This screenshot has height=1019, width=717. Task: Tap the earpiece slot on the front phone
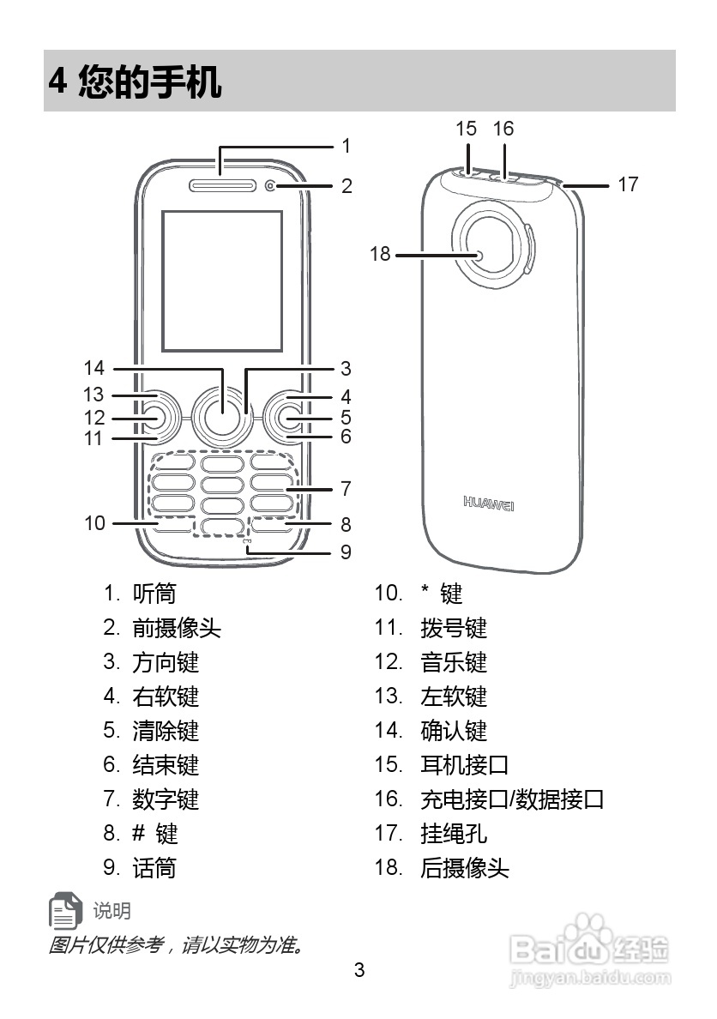point(220,185)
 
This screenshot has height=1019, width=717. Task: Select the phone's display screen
point(222,280)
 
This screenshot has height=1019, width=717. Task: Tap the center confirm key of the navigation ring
point(222,417)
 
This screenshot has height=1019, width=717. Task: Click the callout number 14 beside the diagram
point(93,369)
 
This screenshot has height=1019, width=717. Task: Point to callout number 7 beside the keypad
point(346,490)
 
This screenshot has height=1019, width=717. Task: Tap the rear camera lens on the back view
point(479,255)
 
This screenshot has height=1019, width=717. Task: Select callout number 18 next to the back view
point(380,254)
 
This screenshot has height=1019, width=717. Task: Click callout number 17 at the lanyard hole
point(628,184)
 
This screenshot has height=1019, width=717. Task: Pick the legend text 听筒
point(154,594)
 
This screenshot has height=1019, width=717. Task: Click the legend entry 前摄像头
point(177,628)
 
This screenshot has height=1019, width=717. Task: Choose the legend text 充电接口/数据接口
point(512,799)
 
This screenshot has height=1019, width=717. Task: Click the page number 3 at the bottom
point(359,971)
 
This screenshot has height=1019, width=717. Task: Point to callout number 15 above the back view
point(466,129)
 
